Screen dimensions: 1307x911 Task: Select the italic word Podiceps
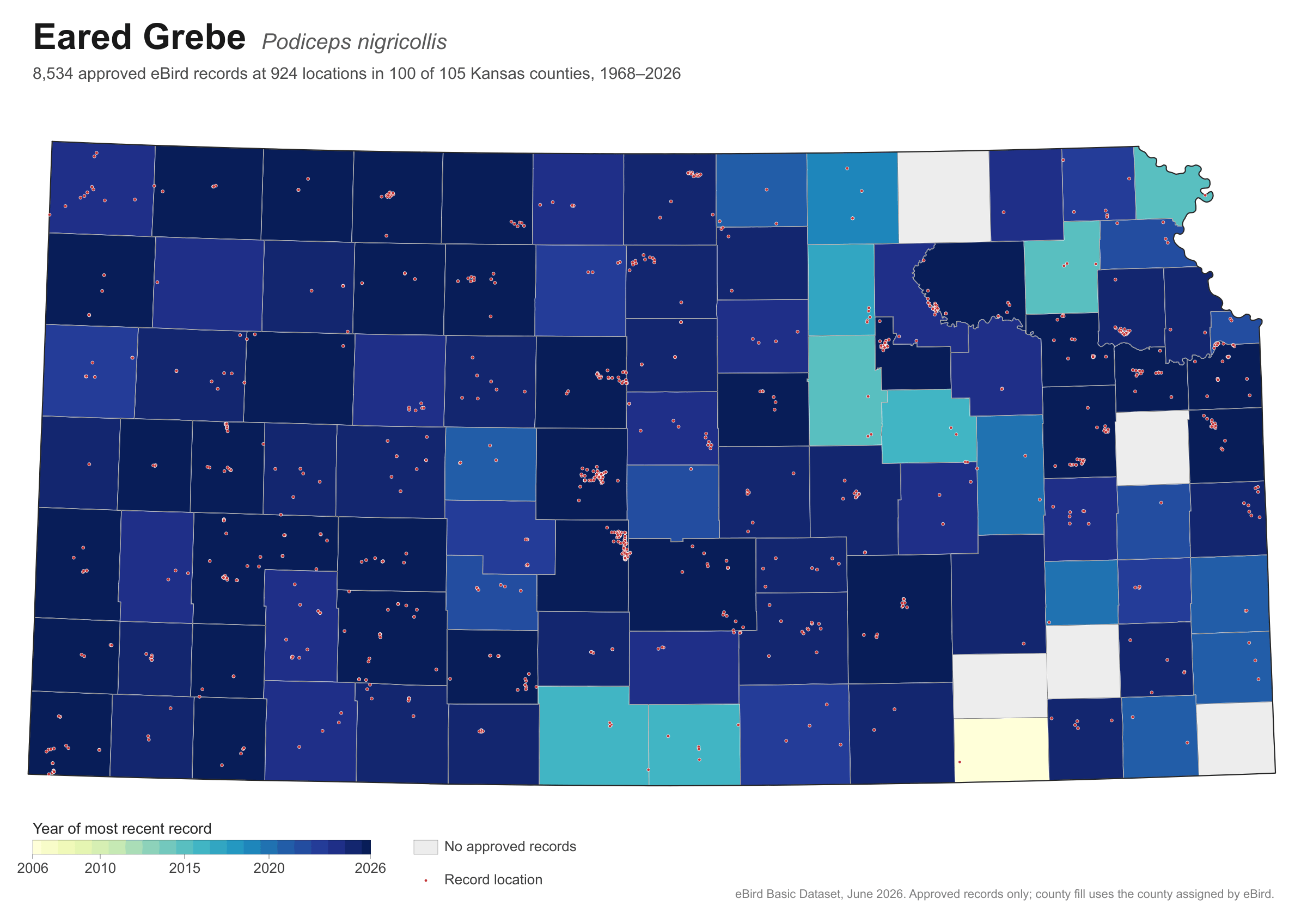point(306,42)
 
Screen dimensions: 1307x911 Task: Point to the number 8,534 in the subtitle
point(53,74)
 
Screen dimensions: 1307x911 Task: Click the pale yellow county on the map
point(1001,749)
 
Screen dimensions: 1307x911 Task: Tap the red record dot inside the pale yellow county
point(960,762)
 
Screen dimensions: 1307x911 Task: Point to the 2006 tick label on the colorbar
point(33,869)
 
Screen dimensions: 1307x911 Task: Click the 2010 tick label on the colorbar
point(100,869)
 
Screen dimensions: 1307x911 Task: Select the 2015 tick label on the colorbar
point(185,869)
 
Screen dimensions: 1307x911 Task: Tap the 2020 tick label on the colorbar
point(268,869)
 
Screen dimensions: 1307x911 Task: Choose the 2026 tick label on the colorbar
point(370,869)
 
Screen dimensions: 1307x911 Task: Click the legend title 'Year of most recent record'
point(122,828)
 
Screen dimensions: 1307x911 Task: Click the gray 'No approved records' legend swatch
point(426,847)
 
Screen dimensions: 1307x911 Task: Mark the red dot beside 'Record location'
point(426,881)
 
